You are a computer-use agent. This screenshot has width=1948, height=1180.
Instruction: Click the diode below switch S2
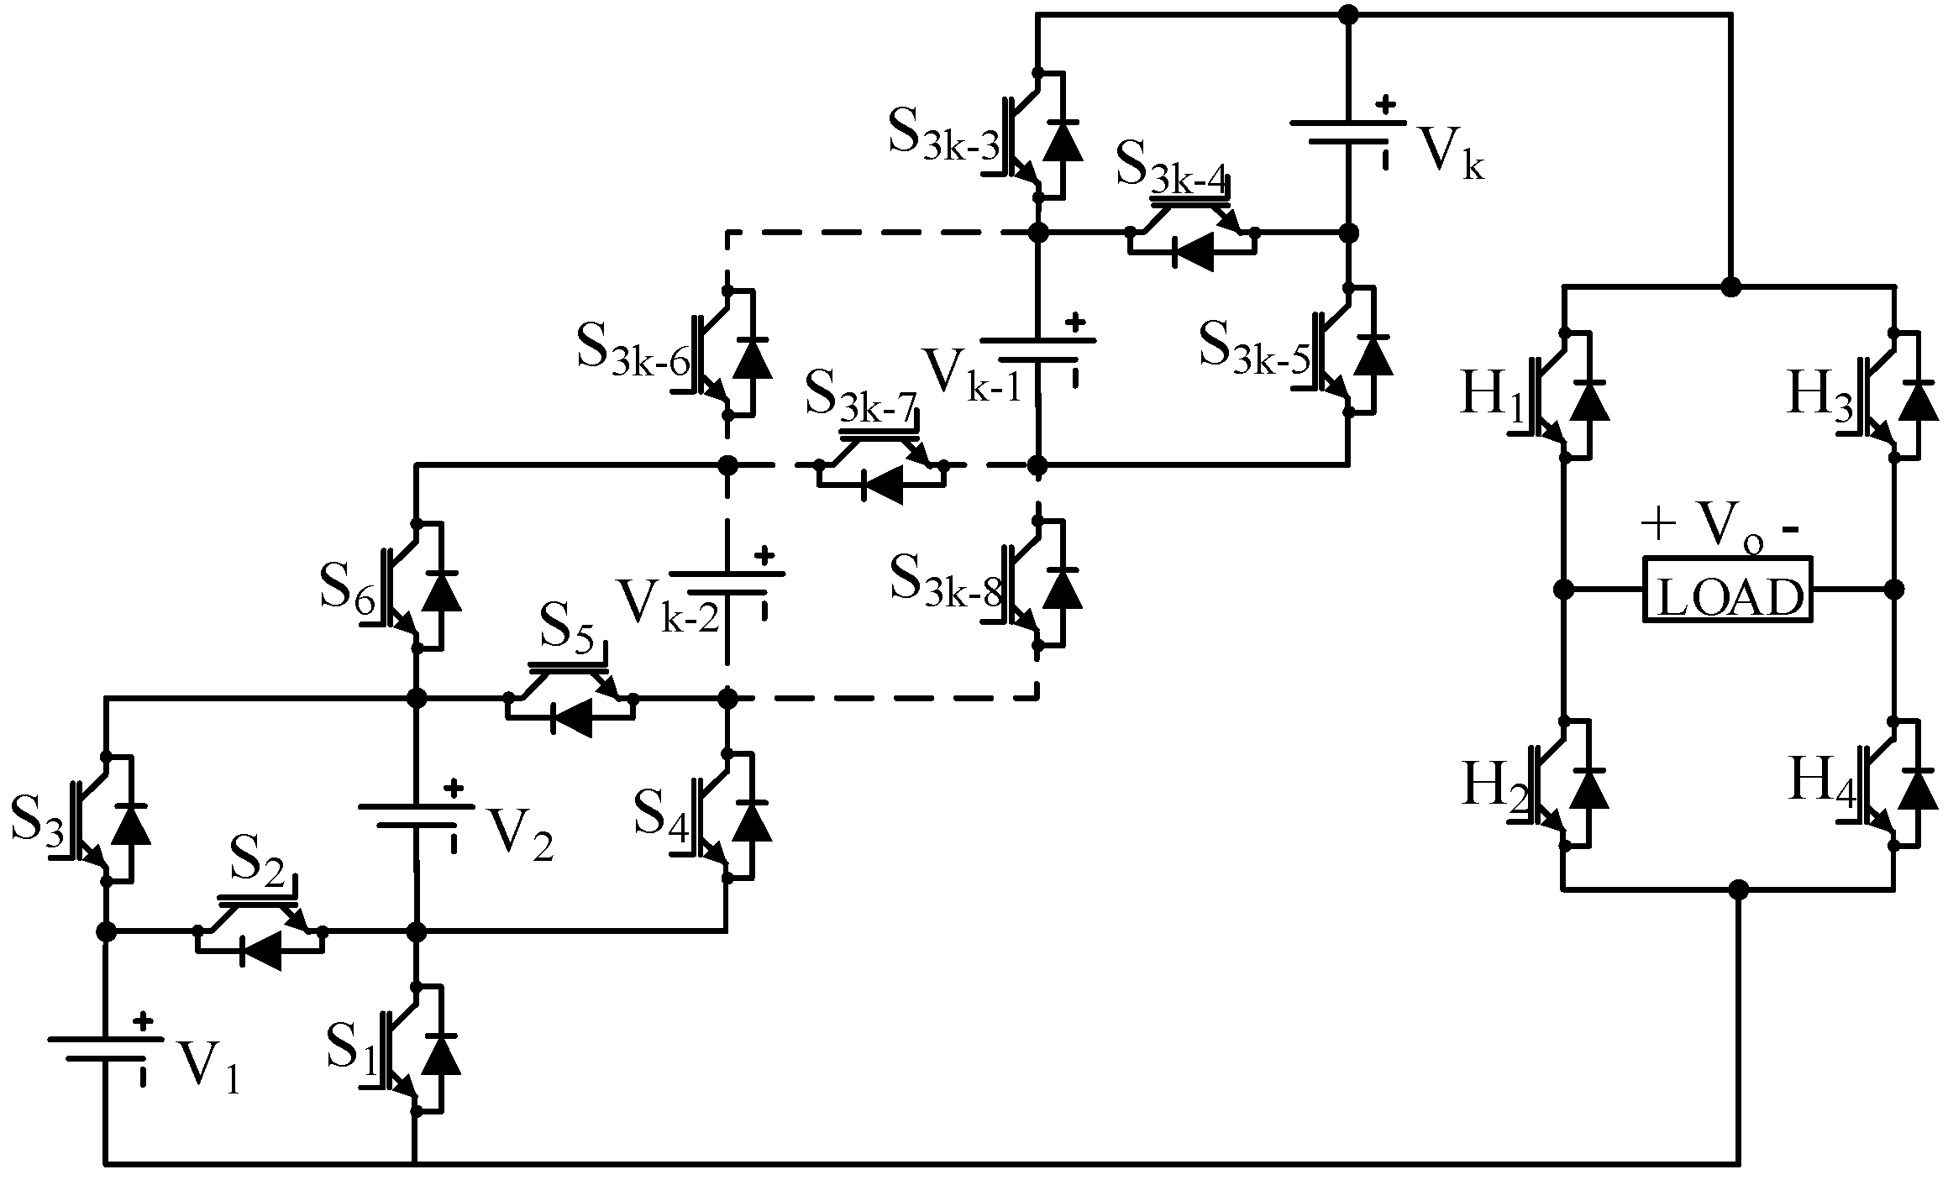pos(260,952)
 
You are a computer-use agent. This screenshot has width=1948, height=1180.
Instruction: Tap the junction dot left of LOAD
pos(1563,589)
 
